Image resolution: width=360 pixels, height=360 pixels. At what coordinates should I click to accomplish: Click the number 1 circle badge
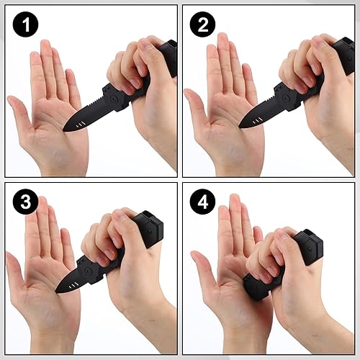click(x=27, y=26)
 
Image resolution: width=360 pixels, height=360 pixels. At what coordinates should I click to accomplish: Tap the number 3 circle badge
click(x=27, y=202)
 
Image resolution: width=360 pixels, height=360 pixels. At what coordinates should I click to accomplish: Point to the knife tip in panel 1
click(x=65, y=130)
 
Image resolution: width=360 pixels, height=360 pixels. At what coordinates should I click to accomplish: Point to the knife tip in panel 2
click(x=242, y=127)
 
